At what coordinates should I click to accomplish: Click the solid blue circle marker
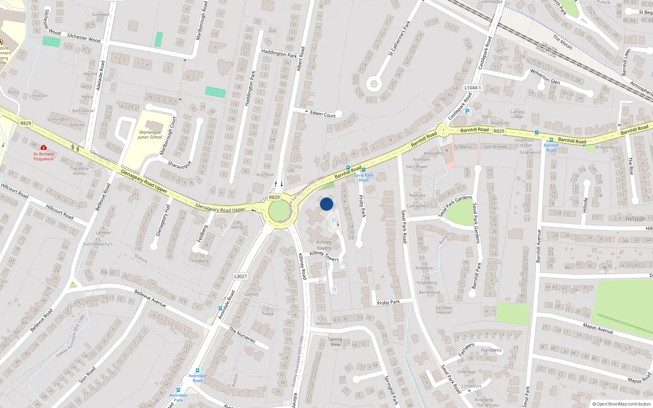(x=326, y=204)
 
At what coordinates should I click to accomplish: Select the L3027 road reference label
(x=240, y=276)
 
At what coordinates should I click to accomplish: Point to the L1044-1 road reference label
(x=473, y=88)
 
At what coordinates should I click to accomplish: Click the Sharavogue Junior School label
(x=150, y=135)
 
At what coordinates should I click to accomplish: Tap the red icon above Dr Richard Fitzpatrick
(x=44, y=147)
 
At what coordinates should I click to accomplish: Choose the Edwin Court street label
(x=323, y=114)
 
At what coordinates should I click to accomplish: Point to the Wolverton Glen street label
(x=545, y=76)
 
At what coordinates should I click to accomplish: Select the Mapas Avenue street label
(x=598, y=328)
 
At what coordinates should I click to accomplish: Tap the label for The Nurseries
(x=242, y=335)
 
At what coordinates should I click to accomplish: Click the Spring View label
(x=335, y=342)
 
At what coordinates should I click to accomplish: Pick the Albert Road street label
(x=301, y=59)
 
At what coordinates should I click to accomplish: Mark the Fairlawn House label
(x=444, y=310)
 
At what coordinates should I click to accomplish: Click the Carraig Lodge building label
(x=517, y=114)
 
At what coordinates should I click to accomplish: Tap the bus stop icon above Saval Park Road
(x=364, y=170)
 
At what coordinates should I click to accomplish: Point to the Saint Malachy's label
(x=98, y=244)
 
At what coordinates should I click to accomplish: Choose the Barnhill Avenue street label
(x=538, y=246)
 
